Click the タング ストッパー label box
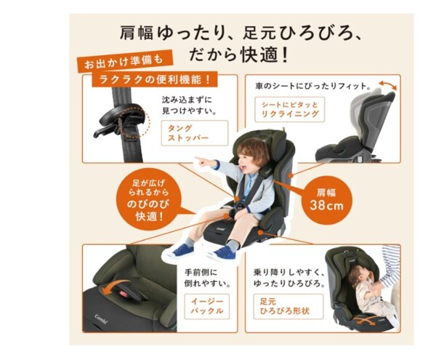tap(194, 133)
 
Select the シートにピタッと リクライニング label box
tap(289, 110)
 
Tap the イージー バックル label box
tap(206, 306)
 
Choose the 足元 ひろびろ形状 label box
tap(289, 306)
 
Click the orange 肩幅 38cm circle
tap(326, 200)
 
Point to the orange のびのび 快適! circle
tap(148, 200)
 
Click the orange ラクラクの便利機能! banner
tap(154, 79)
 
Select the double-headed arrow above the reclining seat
tap(387, 84)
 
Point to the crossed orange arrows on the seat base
tap(363, 319)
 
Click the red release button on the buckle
tap(123, 294)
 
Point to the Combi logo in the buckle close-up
tap(101, 318)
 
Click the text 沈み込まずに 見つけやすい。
tap(189, 105)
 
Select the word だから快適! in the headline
tap(238, 55)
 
